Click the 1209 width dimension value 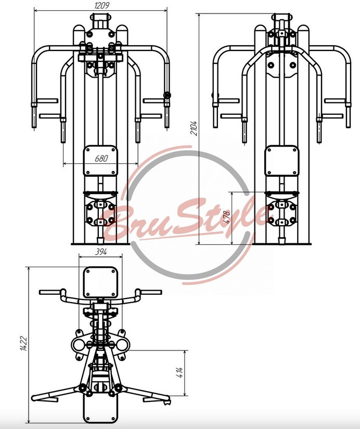coord(102,6)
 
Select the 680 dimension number coord(101,159)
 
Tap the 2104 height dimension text coord(194,128)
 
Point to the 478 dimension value coord(227,217)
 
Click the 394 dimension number coord(101,252)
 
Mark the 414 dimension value coord(180,373)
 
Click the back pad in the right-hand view coord(281,161)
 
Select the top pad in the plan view coord(100,282)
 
